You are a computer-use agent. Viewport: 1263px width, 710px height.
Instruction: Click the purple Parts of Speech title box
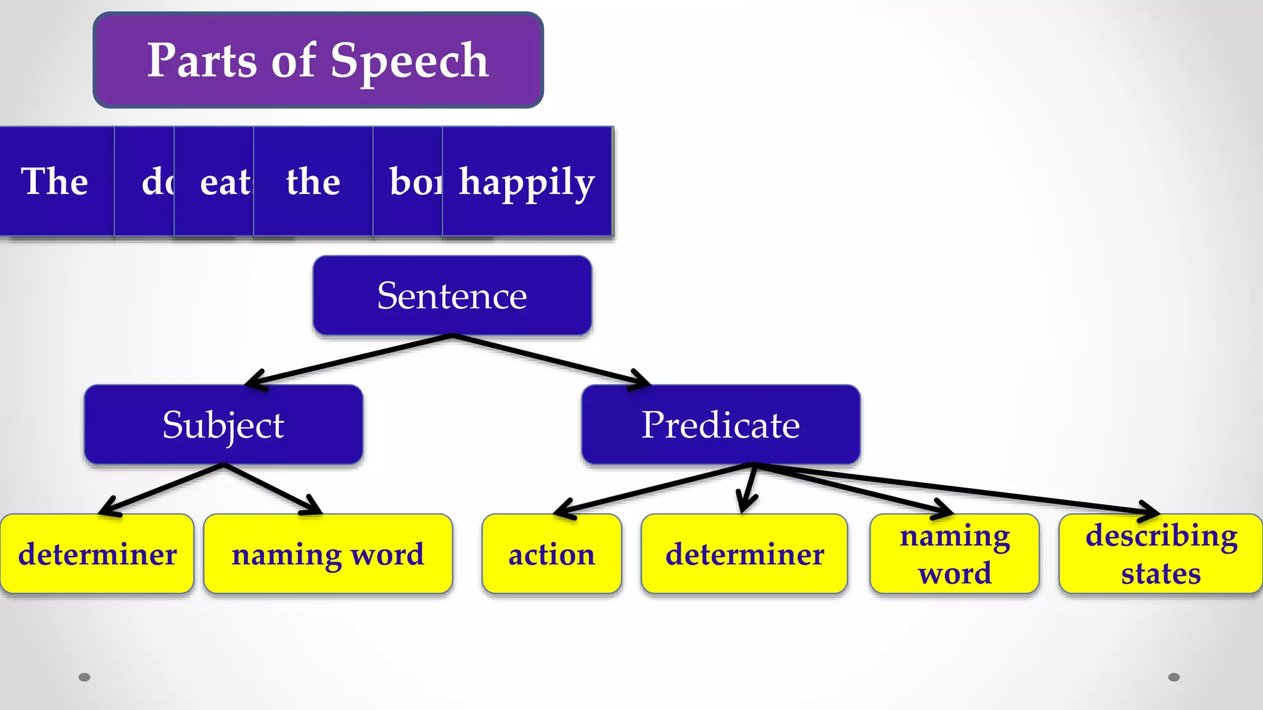pos(318,60)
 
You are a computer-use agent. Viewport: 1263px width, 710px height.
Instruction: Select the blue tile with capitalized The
pos(56,181)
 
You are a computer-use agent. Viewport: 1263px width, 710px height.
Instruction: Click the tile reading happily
pos(527,182)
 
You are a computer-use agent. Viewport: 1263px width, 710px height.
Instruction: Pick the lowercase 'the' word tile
pos(313,182)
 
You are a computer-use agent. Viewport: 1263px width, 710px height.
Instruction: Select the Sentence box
pos(452,295)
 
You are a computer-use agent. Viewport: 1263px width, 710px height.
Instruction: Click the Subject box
pos(223,425)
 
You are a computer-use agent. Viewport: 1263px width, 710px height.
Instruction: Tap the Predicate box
pos(720,425)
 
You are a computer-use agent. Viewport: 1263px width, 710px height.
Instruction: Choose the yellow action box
pos(551,554)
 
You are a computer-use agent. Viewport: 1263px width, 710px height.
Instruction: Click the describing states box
pos(1161,554)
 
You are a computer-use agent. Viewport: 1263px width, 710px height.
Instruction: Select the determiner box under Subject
pos(97,554)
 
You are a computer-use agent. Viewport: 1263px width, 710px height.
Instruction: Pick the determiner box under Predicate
pos(744,554)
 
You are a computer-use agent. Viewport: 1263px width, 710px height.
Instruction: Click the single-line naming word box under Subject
pos(327,554)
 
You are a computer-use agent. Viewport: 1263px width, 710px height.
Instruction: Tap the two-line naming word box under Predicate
pos(954,554)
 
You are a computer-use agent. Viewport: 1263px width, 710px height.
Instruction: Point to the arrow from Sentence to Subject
pos(352,360)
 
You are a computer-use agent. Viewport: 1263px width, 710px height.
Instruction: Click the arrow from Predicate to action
pos(654,488)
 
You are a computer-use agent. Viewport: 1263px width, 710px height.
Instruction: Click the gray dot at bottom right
pos(1174,677)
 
